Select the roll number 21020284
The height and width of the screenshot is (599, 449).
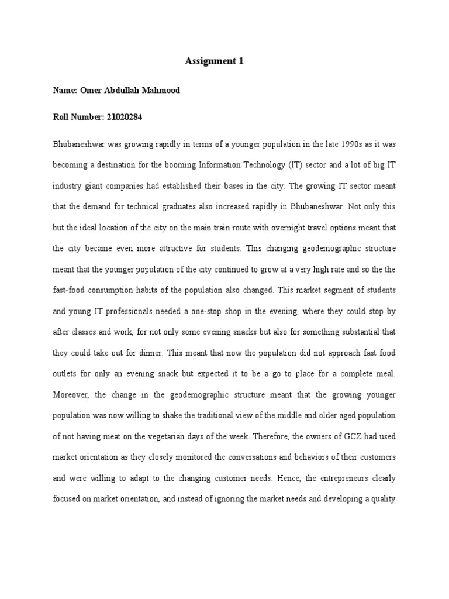tap(124, 118)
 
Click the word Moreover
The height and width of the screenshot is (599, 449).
tap(72, 394)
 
